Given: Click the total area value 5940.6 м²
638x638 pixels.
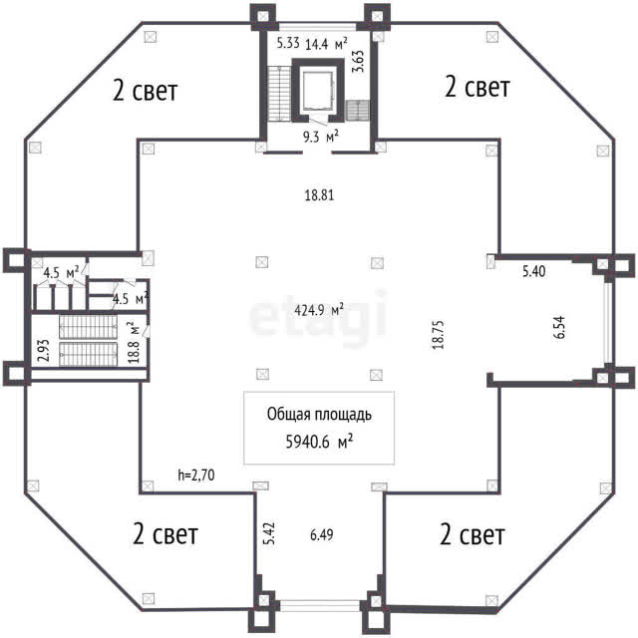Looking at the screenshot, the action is (x=319, y=441).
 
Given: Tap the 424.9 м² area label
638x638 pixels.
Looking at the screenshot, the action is (x=319, y=310).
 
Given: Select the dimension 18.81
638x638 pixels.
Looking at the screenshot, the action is (x=319, y=195).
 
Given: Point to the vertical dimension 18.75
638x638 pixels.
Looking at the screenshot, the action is (x=439, y=335).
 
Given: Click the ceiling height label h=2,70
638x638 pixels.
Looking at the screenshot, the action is (x=196, y=475).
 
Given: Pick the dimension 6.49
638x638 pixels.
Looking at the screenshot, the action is (x=321, y=534).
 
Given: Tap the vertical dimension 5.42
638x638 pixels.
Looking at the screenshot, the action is (x=269, y=533).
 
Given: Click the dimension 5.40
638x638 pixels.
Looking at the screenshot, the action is (x=534, y=271).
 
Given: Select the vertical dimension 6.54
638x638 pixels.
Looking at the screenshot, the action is (x=559, y=328).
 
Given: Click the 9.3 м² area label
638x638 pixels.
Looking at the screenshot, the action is (x=321, y=137).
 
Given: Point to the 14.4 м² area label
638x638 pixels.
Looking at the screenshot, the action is (x=326, y=44).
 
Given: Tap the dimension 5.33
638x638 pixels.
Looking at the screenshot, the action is (x=288, y=43).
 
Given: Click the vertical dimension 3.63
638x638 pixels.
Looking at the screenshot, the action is (x=358, y=61).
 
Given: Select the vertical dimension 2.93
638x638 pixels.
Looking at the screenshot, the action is (x=43, y=350).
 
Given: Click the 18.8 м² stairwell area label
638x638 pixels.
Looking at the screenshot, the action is (x=134, y=343).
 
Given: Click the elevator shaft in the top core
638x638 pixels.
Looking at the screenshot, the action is (x=318, y=90).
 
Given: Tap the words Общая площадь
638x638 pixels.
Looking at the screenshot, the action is (x=319, y=415).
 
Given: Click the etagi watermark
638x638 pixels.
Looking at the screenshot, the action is (x=317, y=317).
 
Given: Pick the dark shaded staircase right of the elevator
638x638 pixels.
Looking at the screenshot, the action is (x=358, y=111).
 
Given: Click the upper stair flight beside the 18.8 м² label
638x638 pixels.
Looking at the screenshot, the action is (x=89, y=327).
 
